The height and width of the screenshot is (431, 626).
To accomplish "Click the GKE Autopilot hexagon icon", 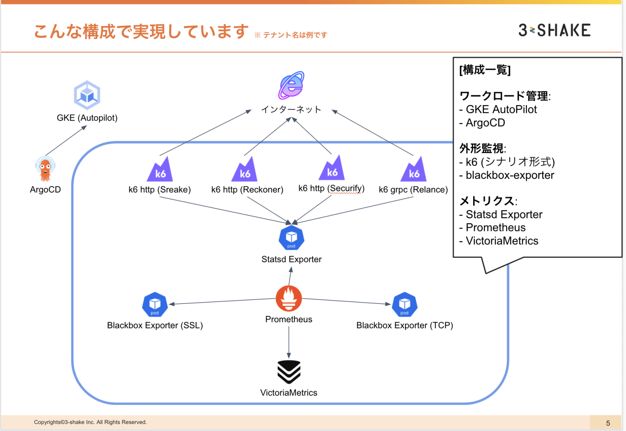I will click(x=87, y=95).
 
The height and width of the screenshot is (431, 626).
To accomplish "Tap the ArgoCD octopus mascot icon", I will click(x=45, y=169).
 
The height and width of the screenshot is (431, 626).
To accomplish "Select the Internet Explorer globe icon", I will click(x=291, y=85).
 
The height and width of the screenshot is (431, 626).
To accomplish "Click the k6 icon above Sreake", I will click(x=160, y=170).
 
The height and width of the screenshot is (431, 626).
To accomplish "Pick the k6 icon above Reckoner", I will click(x=245, y=170).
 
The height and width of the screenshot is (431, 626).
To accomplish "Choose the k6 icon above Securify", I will click(x=332, y=168).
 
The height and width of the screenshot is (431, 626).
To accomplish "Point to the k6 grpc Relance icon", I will click(x=414, y=170).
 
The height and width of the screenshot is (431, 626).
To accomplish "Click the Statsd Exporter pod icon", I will click(x=291, y=237).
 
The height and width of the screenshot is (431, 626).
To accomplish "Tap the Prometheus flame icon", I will click(x=289, y=299).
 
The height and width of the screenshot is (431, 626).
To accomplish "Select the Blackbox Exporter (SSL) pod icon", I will click(x=155, y=305).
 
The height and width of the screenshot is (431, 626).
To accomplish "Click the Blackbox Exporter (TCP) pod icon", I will click(x=404, y=305).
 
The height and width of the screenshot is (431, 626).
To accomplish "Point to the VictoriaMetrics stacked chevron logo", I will click(x=289, y=372).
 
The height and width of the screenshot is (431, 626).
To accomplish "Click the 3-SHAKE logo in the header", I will click(x=554, y=30).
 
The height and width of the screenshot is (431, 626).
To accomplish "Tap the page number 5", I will click(x=608, y=423).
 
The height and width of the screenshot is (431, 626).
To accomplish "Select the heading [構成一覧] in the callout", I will click(x=485, y=70).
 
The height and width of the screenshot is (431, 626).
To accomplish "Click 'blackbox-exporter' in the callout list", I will click(x=509, y=175).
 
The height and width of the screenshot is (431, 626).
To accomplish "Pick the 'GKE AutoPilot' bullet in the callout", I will click(x=501, y=110).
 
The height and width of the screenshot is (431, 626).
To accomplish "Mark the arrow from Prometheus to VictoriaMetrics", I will click(x=289, y=342).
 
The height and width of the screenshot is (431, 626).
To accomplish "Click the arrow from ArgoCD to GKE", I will click(x=66, y=141).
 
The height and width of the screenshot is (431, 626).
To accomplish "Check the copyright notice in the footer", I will click(x=90, y=422).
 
